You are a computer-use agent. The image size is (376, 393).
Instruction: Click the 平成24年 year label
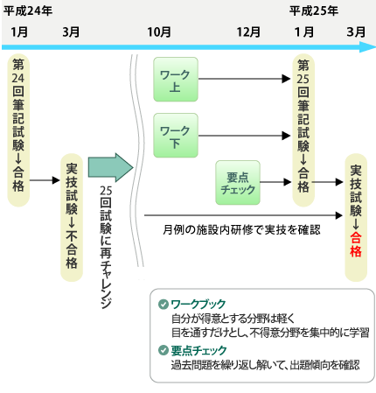click(28, 11)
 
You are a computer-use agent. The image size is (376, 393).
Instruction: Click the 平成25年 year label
click(314, 11)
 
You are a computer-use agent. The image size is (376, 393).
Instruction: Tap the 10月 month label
click(159, 32)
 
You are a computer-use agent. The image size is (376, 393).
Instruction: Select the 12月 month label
click(248, 32)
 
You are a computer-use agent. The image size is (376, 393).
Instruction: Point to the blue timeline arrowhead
click(368, 47)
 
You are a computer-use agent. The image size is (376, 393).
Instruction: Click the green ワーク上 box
click(176, 80)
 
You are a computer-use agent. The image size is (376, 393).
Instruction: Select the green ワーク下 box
click(176, 136)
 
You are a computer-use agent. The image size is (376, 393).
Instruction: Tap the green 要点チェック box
click(238, 182)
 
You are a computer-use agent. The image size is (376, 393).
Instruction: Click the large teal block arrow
click(111, 167)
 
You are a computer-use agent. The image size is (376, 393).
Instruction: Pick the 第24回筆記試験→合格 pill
click(18, 130)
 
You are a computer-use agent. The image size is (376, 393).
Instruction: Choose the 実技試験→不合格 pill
click(72, 218)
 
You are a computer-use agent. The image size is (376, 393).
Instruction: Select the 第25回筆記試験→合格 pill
click(303, 130)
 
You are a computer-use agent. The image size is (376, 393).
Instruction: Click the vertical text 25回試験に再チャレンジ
click(106, 247)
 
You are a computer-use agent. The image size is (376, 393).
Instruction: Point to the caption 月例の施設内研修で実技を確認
click(241, 230)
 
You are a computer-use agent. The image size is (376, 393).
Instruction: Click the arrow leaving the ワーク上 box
click(244, 79)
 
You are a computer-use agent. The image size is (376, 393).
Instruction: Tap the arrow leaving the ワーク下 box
click(244, 136)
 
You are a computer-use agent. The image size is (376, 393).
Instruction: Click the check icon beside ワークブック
click(164, 304)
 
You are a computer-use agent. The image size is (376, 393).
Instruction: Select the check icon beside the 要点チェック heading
click(164, 350)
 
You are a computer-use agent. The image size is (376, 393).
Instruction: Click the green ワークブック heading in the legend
click(198, 304)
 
